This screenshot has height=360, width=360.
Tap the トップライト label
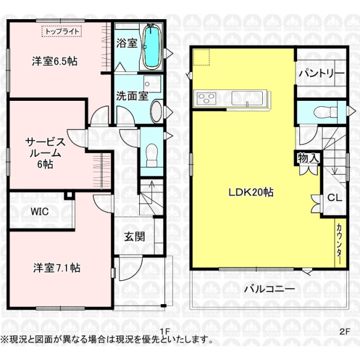point(61,30)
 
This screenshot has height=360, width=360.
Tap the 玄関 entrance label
point(134,236)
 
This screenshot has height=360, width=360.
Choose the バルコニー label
point(269,289)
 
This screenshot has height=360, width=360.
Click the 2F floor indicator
point(344,331)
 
